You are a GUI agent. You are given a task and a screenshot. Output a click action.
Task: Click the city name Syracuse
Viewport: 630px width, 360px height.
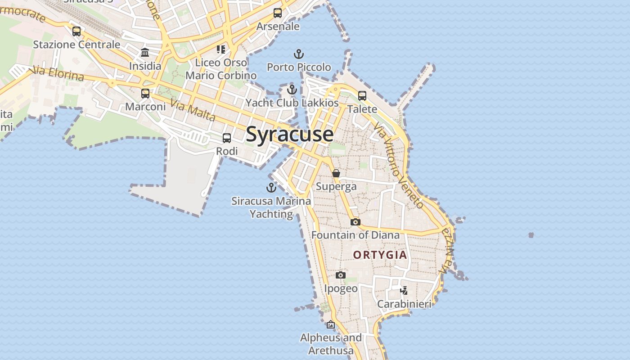[x=290, y=134]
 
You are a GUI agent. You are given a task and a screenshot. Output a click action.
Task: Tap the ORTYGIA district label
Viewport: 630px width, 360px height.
[x=380, y=255]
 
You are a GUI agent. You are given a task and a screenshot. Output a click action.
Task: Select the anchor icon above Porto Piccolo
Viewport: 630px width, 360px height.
[x=299, y=54]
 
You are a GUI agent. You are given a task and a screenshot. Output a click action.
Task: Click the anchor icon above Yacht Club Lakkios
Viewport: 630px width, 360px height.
[x=292, y=90]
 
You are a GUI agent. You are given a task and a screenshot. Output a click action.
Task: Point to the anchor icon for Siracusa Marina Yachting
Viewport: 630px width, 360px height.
[x=271, y=188]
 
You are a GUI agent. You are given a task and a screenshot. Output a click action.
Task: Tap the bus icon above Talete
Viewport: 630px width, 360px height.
[x=362, y=96]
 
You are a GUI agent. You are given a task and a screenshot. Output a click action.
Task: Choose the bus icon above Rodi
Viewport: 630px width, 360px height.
[x=227, y=138]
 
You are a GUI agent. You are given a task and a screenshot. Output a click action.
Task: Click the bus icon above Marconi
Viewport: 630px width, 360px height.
[x=145, y=94]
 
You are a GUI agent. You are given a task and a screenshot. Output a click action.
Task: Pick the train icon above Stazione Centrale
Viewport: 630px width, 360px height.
[x=76, y=31]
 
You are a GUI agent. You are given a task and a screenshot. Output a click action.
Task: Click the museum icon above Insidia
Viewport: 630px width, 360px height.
[x=145, y=53]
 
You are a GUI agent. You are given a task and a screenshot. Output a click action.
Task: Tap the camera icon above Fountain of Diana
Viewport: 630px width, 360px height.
[x=355, y=222]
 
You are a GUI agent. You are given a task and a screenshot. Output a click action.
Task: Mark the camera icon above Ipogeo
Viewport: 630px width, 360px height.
[x=341, y=275]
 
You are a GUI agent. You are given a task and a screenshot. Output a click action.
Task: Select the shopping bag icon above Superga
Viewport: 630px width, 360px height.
[x=336, y=173]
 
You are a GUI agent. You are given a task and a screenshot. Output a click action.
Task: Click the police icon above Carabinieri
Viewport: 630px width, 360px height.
[x=404, y=290]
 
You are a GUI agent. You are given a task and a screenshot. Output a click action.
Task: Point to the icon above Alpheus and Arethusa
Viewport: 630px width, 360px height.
[x=331, y=324]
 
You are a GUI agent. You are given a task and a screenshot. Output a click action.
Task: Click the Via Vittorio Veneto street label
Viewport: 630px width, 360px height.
[x=399, y=167]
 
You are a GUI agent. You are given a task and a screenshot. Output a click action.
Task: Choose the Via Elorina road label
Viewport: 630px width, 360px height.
[x=57, y=73]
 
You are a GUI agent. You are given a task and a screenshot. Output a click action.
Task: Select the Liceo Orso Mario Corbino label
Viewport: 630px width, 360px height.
[x=221, y=69]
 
